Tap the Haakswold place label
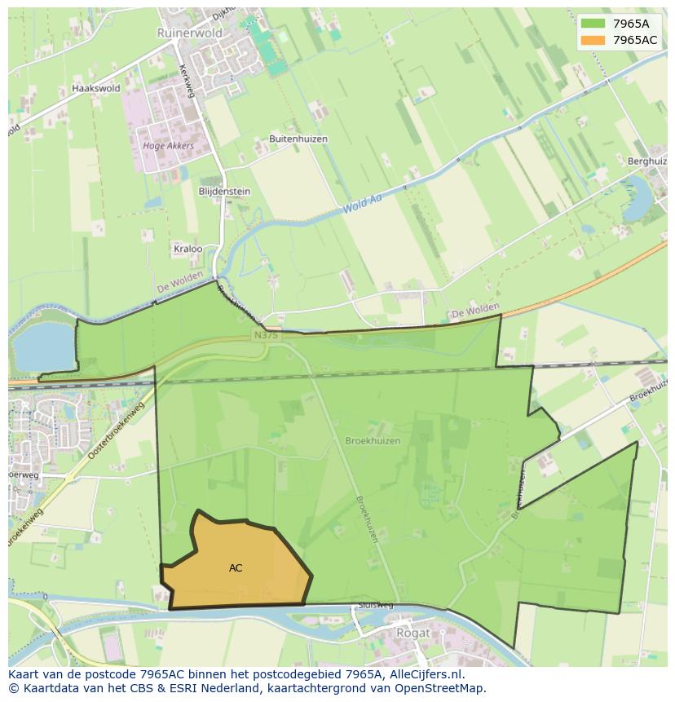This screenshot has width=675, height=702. click(95, 88)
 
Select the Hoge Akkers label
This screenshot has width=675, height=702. click(168, 146)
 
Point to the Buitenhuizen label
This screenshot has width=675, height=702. click(298, 139)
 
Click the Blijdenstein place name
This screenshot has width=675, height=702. click(224, 192)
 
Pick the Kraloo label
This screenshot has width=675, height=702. click(187, 249)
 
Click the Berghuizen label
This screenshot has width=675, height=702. click(647, 161)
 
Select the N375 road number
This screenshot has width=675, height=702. click(265, 335)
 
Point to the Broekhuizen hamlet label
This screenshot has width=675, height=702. click(373, 440)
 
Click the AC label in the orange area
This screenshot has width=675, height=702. click(236, 568)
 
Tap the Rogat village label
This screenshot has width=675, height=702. click(412, 632)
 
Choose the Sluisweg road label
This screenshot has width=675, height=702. click(375, 606)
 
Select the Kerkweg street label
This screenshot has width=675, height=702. click(187, 82)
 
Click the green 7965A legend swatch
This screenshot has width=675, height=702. click(593, 23)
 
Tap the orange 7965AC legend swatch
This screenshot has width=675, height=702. click(593, 40)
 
